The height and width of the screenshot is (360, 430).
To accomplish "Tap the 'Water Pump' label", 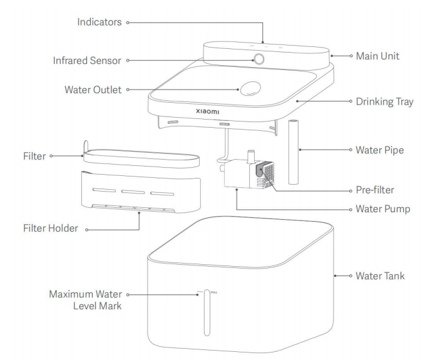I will coord(379,208).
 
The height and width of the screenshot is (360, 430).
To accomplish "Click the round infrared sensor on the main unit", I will coord(259,60).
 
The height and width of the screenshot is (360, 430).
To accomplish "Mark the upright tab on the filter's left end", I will coord(86,146).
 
